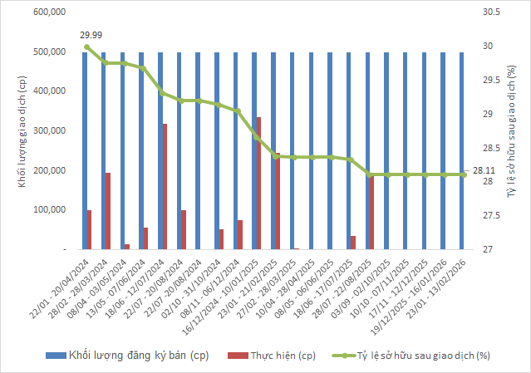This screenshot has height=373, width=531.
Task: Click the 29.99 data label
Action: (x=92, y=35)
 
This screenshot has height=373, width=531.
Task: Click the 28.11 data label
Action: (x=484, y=171)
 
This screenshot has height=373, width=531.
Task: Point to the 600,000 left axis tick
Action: (x=48, y=12)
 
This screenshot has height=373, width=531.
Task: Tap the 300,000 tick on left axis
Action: (x=48, y=131)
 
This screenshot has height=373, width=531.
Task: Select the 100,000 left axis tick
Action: (x=48, y=210)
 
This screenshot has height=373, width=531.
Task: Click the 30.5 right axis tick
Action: (x=491, y=12)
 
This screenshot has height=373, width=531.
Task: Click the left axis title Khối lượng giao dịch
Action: (x=13, y=130)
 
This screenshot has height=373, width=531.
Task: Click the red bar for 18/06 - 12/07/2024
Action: (x=165, y=186)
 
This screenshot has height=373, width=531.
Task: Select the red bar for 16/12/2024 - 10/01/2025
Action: (x=258, y=183)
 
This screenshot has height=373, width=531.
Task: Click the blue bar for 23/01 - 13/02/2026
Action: (x=462, y=150)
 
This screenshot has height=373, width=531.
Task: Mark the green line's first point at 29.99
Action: (x=87, y=47)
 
